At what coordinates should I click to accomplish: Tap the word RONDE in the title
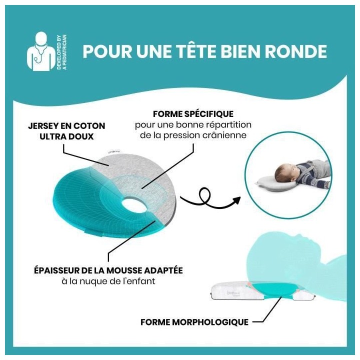point(298,51)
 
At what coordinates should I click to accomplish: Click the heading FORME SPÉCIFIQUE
point(193,114)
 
